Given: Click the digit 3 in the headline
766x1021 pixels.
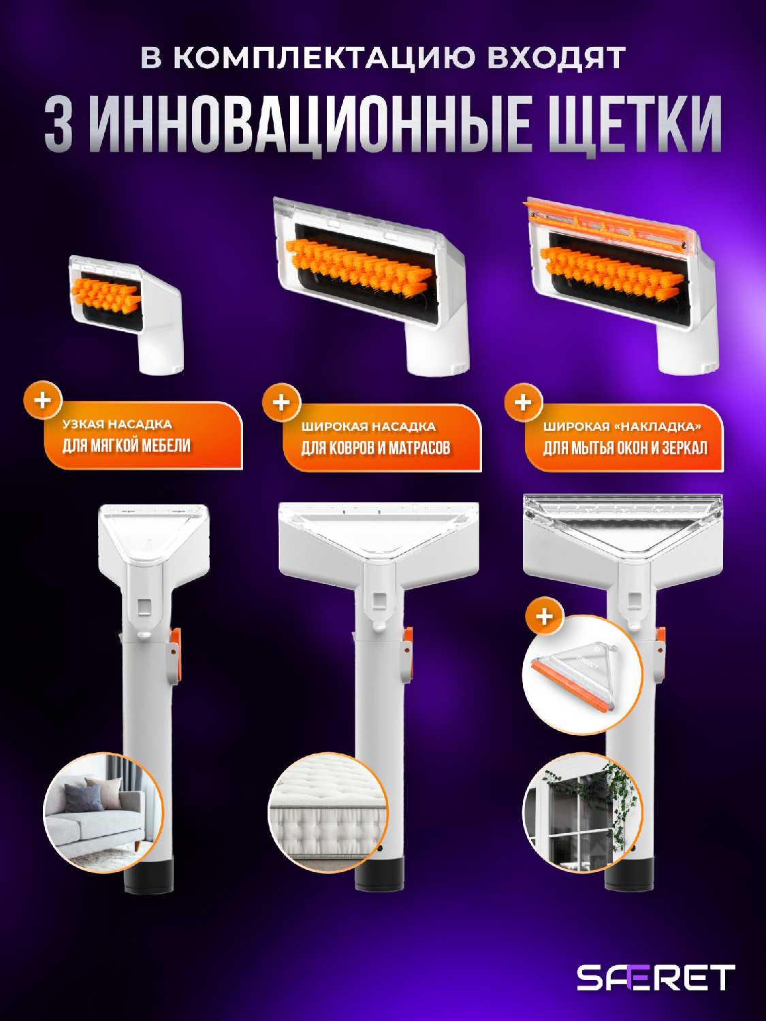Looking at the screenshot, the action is coord(59,125).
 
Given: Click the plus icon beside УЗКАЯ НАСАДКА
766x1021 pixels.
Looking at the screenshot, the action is coord(42,400).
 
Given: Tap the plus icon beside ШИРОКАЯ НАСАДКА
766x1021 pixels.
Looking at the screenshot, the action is coord(281,403).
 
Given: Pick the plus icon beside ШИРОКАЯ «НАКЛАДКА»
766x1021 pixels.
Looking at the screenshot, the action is coord(523,403).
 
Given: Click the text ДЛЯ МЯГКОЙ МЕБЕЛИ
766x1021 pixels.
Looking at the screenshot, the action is coord(127,446).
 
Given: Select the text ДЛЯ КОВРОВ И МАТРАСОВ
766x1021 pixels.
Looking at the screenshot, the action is coord(376,448).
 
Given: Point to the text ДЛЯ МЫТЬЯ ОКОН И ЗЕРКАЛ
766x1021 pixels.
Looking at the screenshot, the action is coord(626,448).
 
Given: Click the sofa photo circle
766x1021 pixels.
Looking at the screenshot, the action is coord(103,813).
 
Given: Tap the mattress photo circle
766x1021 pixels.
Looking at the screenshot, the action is coord(328,813).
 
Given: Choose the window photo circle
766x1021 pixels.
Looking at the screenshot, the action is coord(582,813).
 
